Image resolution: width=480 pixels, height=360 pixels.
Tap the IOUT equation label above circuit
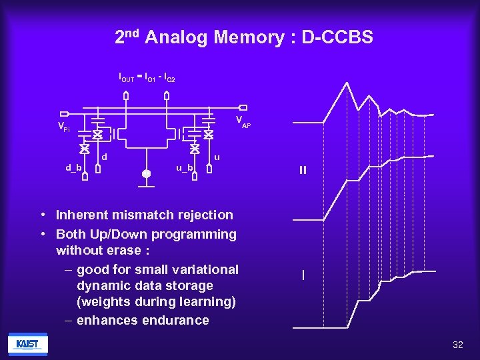click(147, 79)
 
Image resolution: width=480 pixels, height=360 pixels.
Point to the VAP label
click(243, 121)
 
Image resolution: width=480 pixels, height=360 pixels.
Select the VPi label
click(63, 127)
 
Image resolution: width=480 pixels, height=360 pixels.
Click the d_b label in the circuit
click(73, 167)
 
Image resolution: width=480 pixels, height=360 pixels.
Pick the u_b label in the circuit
click(185, 167)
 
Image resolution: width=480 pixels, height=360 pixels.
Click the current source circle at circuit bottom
click(147, 173)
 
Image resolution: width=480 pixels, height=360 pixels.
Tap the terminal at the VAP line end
click(243, 107)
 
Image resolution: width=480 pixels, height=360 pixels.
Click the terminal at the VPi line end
click(64, 113)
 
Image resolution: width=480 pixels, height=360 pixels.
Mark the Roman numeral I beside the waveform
click(303, 275)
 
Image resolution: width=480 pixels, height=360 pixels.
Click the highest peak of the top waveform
click(347, 85)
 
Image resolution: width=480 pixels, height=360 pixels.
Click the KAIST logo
click(27, 344)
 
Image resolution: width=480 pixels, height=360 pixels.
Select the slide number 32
click(457, 345)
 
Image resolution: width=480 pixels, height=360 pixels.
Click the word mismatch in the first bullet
click(131, 215)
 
